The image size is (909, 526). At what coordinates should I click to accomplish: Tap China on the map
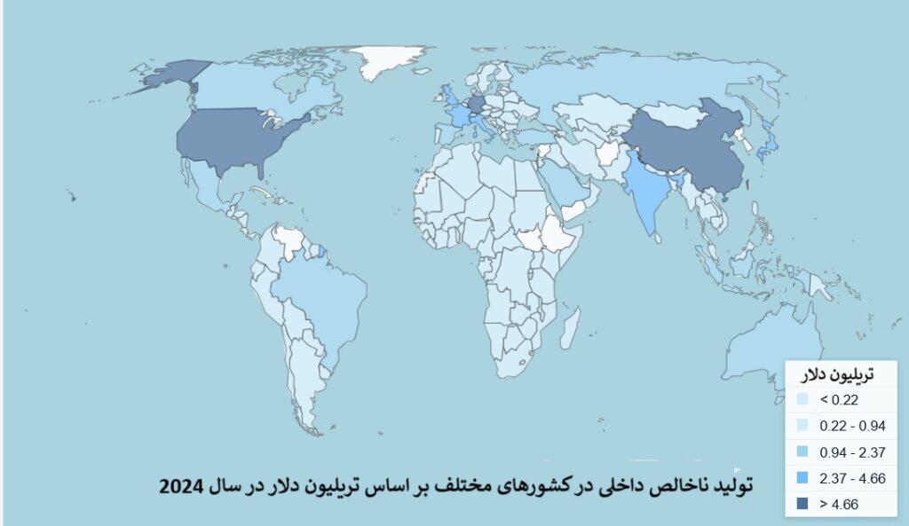tap(684, 146)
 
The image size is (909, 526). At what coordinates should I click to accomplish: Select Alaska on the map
tap(174, 75)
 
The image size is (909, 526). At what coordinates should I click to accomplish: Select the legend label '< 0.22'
tap(839, 400)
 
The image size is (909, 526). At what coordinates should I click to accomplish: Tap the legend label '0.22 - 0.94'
tap(852, 426)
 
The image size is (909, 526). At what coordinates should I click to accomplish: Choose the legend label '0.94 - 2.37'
tap(852, 452)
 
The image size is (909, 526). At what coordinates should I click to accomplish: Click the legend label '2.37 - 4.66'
tap(852, 478)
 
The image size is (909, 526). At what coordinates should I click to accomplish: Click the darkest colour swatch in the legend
tap(802, 504)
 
